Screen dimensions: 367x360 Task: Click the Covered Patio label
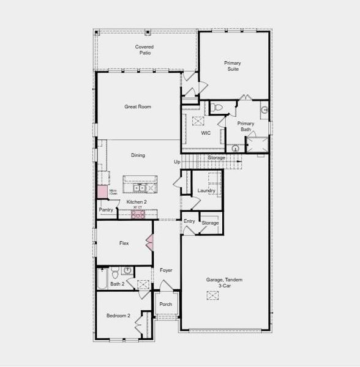point(144,50)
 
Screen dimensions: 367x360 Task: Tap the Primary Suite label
point(232,65)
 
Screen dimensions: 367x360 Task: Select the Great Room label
point(138,106)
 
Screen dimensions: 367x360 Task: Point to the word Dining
point(138,155)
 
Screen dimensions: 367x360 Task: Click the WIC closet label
point(206,133)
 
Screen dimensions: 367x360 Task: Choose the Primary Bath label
point(246,127)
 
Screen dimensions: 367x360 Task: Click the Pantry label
point(106,210)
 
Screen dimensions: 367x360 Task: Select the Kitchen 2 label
point(137,202)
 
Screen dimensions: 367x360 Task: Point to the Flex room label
point(124,243)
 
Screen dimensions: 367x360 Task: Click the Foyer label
point(166,270)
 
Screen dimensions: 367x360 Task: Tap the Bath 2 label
point(118,284)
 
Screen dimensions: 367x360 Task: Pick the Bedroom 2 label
point(119,316)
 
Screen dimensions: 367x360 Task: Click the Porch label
point(165,304)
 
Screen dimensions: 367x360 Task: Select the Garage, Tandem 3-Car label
point(224,283)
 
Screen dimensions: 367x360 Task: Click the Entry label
point(189,221)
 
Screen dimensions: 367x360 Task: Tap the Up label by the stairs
point(177,162)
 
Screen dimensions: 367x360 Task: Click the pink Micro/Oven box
point(101,191)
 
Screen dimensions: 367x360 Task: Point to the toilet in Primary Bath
point(218,108)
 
